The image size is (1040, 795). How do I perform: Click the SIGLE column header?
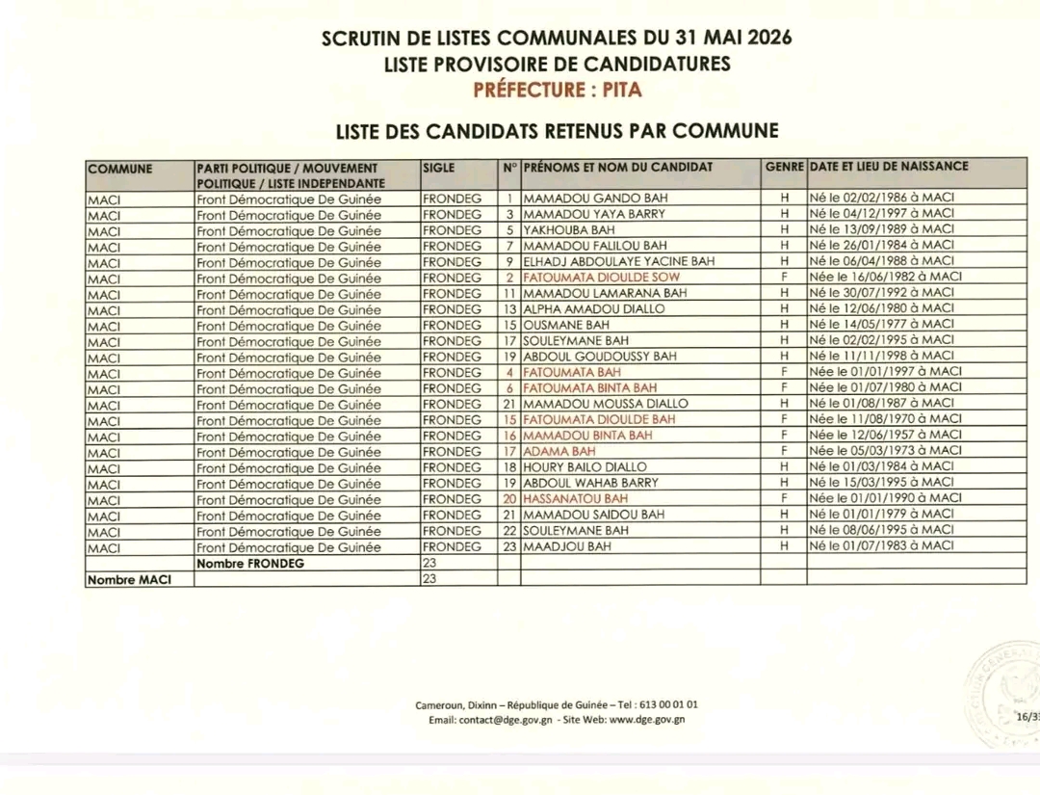439,168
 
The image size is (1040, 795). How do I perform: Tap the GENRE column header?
784,168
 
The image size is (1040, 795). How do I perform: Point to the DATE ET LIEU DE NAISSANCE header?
889,167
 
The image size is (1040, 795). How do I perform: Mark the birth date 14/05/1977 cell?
881,325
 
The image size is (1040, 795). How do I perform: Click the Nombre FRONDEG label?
249,563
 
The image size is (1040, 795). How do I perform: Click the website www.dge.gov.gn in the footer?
647,719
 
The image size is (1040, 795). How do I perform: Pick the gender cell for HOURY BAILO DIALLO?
784,467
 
